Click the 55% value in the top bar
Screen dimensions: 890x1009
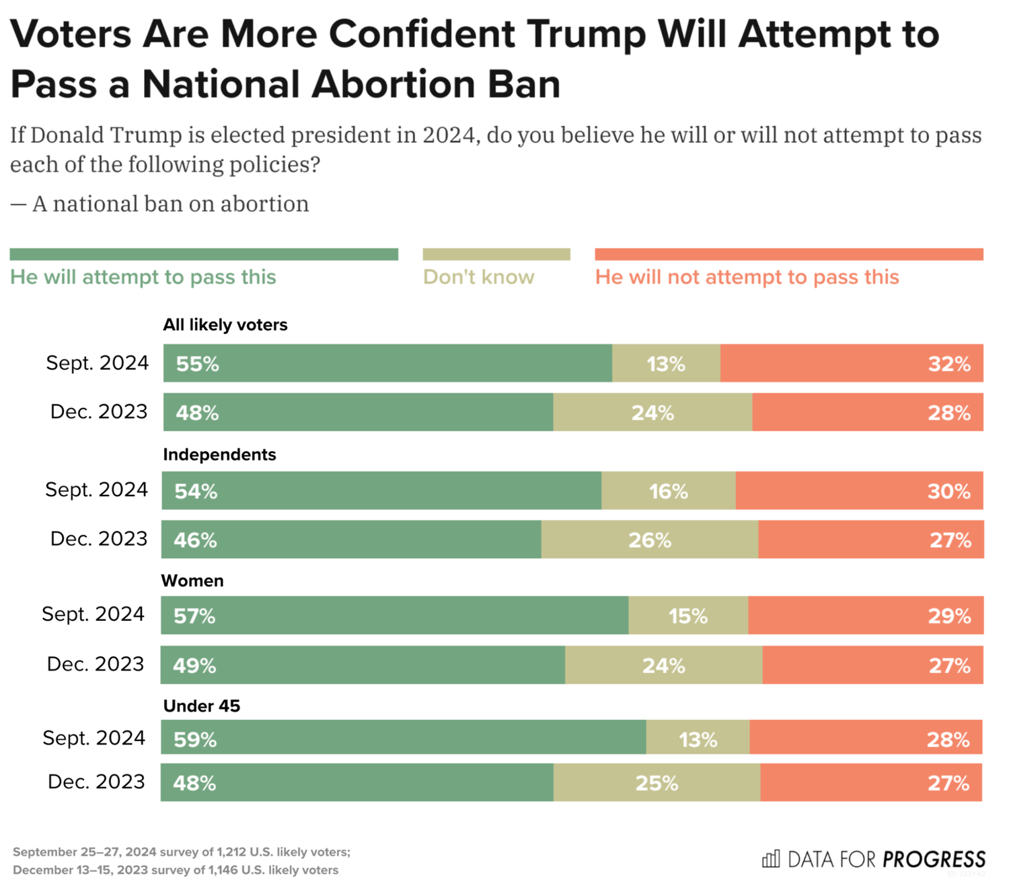click(197, 364)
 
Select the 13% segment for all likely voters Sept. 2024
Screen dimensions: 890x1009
click(665, 364)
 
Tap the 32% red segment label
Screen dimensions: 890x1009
click(949, 364)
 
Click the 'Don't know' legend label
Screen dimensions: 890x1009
click(478, 277)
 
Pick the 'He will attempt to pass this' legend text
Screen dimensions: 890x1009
click(143, 277)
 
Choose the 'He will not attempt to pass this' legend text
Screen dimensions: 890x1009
click(747, 277)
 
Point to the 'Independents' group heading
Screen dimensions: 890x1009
click(219, 454)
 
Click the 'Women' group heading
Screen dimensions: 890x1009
click(192, 580)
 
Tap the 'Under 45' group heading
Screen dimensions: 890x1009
click(202, 706)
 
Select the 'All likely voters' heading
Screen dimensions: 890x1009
click(225, 325)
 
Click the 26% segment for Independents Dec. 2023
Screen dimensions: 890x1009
click(649, 540)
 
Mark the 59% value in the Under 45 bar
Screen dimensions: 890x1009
click(195, 740)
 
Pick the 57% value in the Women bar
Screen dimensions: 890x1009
click(194, 616)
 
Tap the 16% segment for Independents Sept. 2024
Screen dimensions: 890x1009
click(668, 491)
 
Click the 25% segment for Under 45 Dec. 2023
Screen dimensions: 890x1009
click(657, 783)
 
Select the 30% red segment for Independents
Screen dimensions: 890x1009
click(948, 491)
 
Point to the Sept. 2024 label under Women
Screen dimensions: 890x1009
click(93, 614)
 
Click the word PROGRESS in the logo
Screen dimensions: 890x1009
click(934, 860)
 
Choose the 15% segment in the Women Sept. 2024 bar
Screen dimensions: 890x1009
click(687, 616)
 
